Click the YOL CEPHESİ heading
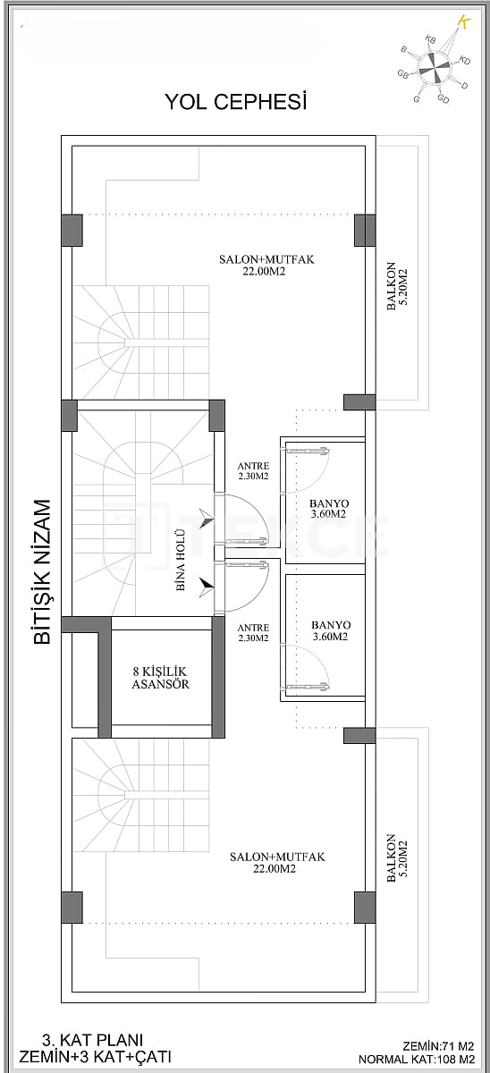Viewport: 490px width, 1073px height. click(x=236, y=102)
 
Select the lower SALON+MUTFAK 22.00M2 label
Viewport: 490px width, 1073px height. click(x=277, y=862)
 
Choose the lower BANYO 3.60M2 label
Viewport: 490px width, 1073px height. click(x=331, y=631)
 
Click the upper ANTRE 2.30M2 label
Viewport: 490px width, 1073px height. click(x=253, y=471)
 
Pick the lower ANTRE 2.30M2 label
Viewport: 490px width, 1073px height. click(x=253, y=632)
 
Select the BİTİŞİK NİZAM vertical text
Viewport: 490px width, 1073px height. click(x=39, y=572)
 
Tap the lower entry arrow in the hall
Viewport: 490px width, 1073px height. click(x=207, y=585)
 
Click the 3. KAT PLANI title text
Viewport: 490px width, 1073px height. click(x=93, y=1040)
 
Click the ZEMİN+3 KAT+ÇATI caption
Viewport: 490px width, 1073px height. click(x=93, y=1057)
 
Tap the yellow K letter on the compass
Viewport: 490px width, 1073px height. click(x=463, y=21)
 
